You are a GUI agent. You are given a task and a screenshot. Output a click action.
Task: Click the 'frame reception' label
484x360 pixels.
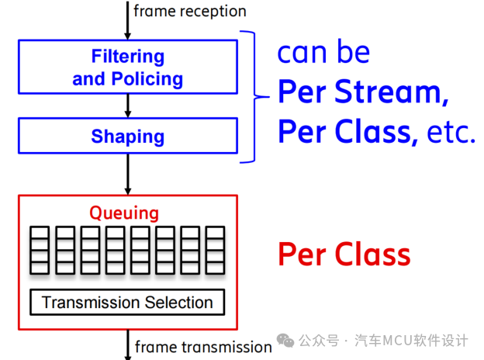pos(190,11)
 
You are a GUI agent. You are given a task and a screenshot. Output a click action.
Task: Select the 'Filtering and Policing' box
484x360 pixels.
pos(128,67)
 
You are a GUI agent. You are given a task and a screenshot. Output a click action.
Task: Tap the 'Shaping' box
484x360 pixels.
pos(128,137)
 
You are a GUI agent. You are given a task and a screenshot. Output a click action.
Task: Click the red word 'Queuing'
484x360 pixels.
pos(124,213)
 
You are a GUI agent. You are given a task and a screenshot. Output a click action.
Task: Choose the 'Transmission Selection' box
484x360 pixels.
pos(127,302)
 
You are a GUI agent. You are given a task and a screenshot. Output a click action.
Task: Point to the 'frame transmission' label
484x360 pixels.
pos(203,347)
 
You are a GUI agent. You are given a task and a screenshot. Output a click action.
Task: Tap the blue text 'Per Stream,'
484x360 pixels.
pos(364,92)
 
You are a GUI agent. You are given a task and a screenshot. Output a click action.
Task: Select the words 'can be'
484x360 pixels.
pos(324,53)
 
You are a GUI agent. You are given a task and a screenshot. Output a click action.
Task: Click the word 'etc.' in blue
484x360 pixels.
pos(451,133)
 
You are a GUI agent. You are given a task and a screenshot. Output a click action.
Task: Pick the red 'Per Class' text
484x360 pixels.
pos(344,254)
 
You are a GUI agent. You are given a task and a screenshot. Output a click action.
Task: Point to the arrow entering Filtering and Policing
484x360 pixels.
pos(128,22)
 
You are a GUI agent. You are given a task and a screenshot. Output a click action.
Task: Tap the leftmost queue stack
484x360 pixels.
pos(39,250)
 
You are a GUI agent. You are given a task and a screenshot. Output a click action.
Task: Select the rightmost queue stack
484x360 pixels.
pos(215,250)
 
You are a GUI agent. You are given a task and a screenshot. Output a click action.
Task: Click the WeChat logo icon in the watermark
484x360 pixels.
pos(286,341)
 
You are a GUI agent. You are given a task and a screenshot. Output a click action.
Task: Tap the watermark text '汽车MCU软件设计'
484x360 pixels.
pos(411,341)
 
